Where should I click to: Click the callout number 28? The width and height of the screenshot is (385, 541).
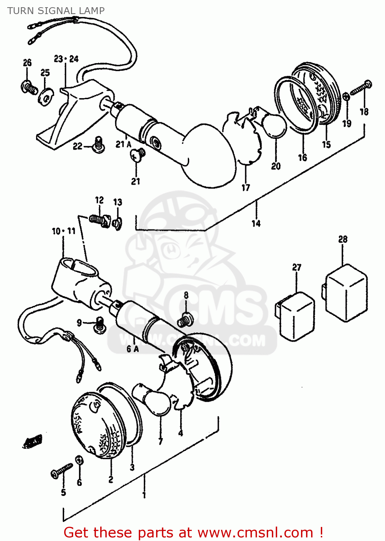(342, 239)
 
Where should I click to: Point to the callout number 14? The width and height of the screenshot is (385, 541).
(256, 224)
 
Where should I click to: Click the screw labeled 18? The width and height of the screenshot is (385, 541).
(361, 88)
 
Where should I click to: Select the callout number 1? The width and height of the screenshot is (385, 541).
(144, 495)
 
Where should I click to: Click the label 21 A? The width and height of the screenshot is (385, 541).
(123, 144)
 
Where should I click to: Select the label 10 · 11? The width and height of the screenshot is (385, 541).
(63, 231)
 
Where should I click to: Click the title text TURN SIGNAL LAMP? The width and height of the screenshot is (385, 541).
(56, 11)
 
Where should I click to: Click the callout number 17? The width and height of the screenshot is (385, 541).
(245, 188)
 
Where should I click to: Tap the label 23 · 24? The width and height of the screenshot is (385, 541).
(66, 59)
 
